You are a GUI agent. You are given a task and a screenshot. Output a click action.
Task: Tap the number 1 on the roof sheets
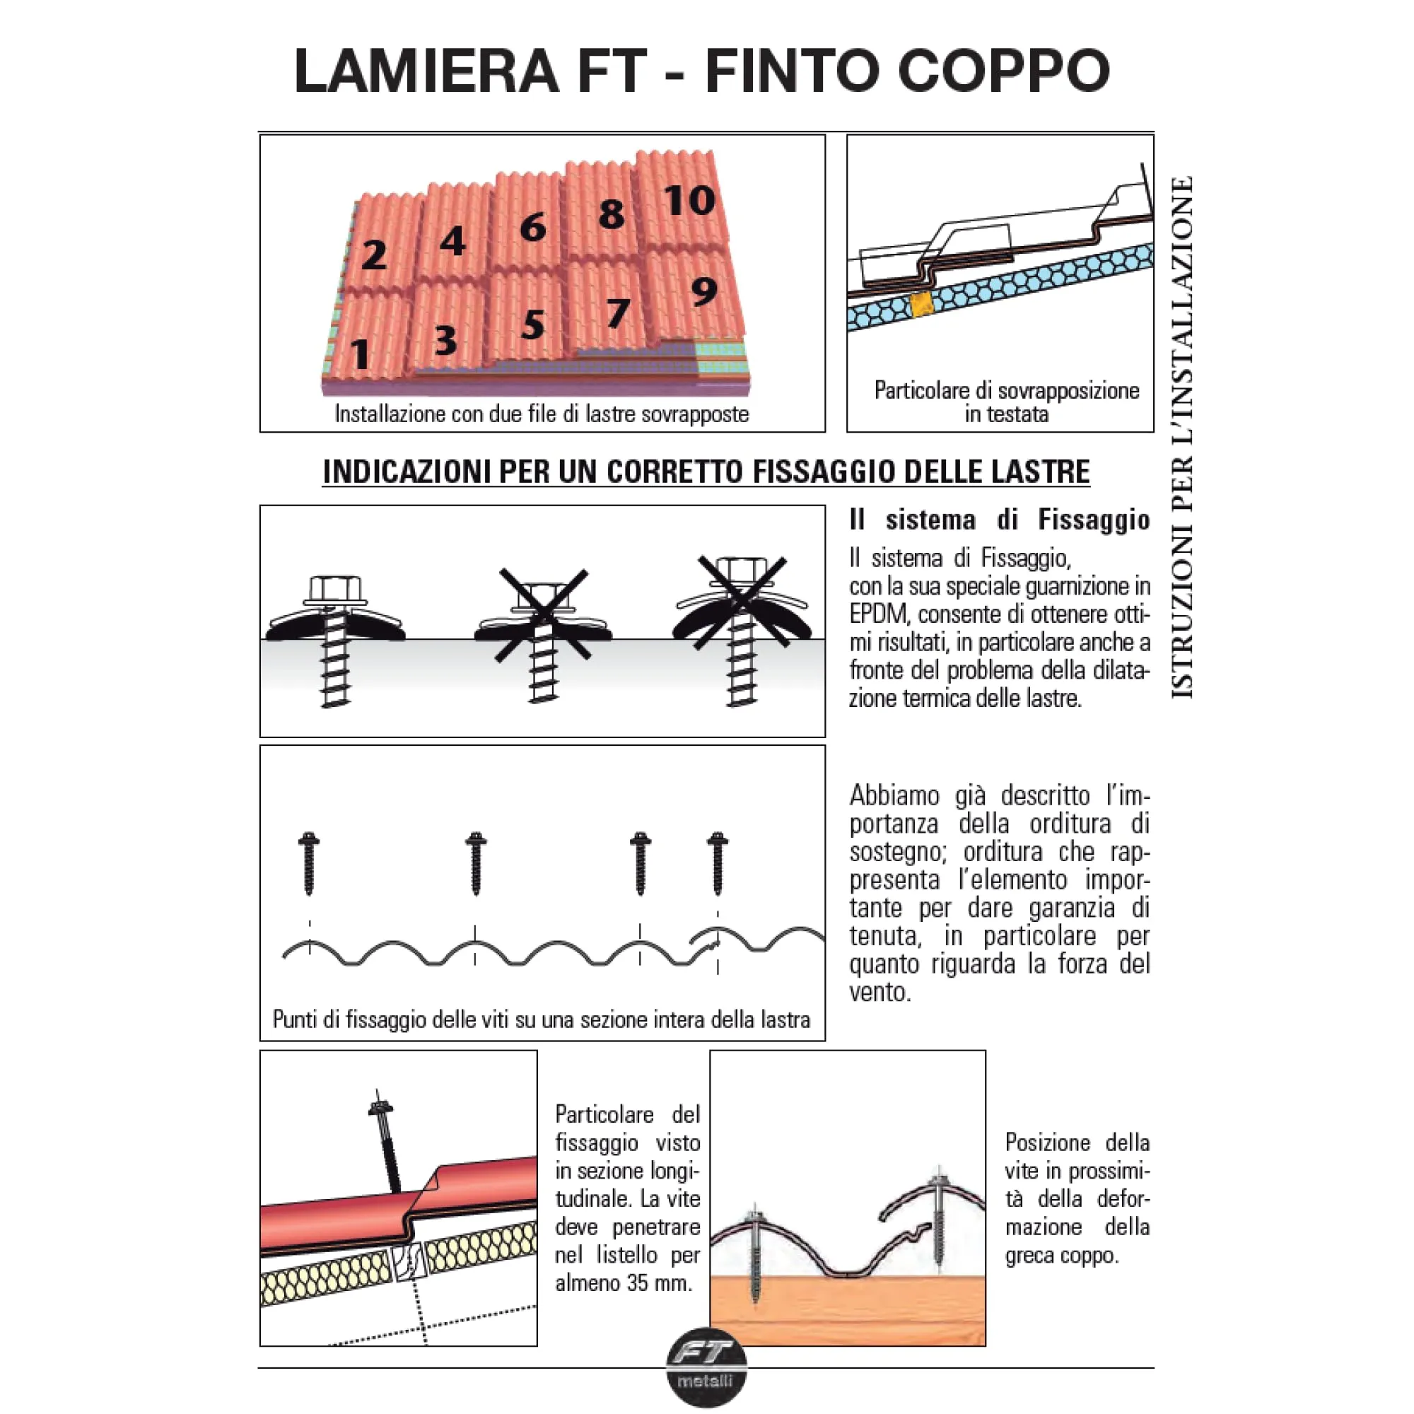pos(359,354)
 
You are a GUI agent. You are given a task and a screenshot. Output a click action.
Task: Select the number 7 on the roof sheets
pos(618,313)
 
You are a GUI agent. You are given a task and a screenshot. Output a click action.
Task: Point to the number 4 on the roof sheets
pos(452,241)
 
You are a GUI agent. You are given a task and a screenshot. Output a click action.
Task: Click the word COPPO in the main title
pos(1003,71)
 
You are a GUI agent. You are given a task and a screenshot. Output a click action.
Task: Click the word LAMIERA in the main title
pos(427,71)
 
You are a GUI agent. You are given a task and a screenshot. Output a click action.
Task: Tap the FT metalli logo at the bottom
pos(706,1377)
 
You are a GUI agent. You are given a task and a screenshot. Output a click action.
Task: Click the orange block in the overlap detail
pos(921,305)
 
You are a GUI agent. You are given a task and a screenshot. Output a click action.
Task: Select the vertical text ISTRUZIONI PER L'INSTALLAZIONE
pos(1182,437)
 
